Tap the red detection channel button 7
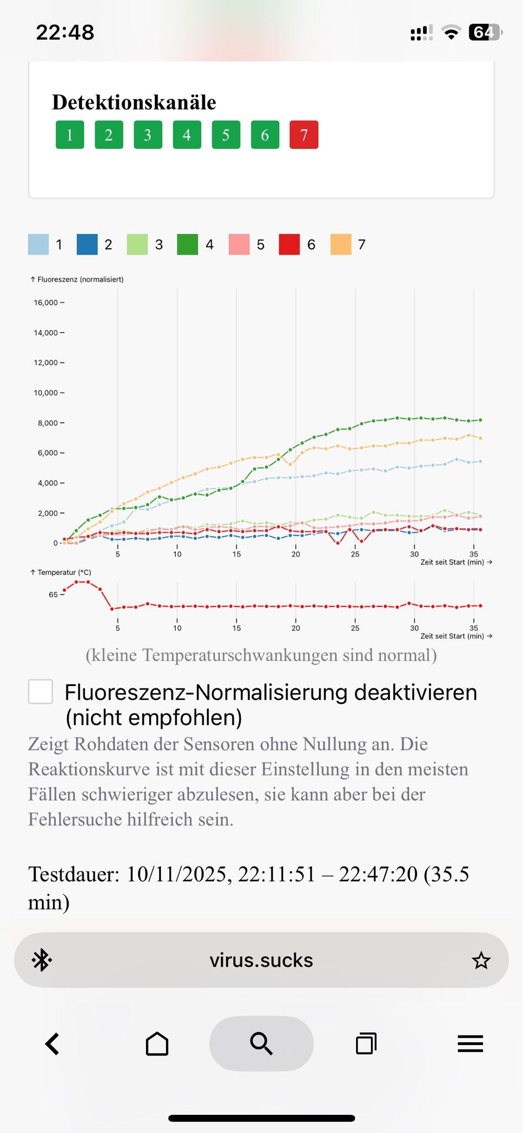(304, 134)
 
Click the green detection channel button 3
(148, 134)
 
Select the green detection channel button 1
(70, 134)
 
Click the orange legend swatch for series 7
(341, 245)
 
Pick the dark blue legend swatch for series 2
(87, 245)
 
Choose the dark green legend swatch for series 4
(187, 245)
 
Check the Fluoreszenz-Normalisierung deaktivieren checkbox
(40, 692)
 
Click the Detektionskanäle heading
(134, 102)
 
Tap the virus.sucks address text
(261, 960)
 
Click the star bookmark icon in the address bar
(481, 960)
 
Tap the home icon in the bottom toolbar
(157, 1044)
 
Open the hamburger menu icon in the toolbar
(470, 1044)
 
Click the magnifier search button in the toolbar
(261, 1044)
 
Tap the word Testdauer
(74, 875)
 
